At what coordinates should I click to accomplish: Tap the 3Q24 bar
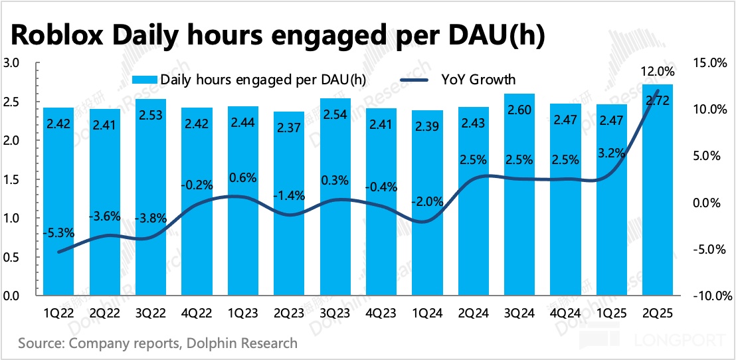(x=519, y=196)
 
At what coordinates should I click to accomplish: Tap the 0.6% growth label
(x=243, y=178)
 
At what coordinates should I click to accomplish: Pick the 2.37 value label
(x=289, y=125)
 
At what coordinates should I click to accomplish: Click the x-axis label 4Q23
(x=381, y=314)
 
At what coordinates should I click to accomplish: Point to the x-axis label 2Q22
(x=105, y=314)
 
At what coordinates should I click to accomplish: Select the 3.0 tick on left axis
(x=13, y=64)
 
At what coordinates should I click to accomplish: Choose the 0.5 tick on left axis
(x=13, y=257)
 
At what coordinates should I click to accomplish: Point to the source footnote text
(x=158, y=343)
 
